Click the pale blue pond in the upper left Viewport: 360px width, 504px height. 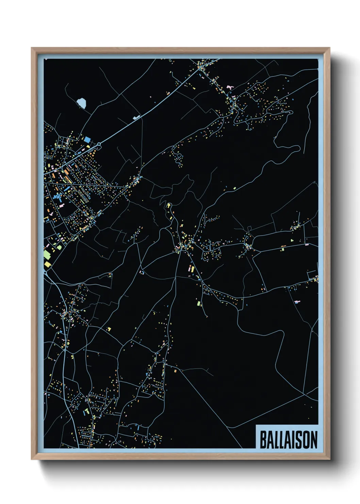point(81,103)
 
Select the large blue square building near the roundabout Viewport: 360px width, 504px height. point(87,139)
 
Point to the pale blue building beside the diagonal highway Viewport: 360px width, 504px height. point(136,117)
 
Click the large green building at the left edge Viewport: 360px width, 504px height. point(47,254)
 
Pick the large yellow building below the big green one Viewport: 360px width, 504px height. point(47,263)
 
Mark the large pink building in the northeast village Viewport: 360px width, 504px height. point(229,88)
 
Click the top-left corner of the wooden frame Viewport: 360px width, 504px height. point(32,48)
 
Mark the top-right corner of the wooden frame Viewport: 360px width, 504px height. point(329,48)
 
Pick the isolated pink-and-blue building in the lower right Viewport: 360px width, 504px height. point(297,302)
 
